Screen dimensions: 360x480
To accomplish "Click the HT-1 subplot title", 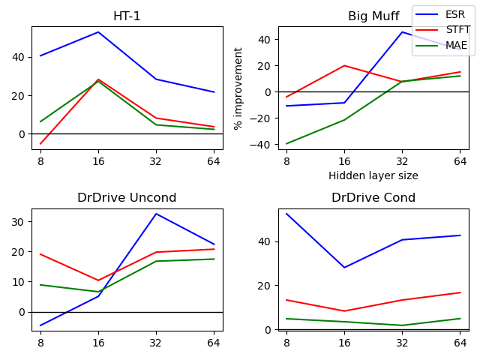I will pos(127,16).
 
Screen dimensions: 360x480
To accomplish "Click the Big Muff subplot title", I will pos(373,16).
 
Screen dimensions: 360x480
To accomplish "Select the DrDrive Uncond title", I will pos(127,198).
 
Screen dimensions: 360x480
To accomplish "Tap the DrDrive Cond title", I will pos(373,198).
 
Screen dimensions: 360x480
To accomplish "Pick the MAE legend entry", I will pos(456,46).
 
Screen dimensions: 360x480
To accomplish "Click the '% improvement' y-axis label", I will pos(238,88).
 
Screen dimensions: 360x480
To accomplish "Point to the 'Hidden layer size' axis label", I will pos(373,175).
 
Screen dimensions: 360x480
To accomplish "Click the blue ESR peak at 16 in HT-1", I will pos(98,32).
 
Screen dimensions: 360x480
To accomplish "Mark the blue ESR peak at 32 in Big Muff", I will pos(402,31).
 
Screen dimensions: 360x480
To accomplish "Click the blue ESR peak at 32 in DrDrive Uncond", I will pos(156,214).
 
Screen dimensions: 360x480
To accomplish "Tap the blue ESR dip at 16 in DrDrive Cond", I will pos(344,268).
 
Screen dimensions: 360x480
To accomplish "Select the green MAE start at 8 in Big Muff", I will pos(286,144).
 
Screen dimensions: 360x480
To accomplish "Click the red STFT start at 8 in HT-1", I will pos(40,143).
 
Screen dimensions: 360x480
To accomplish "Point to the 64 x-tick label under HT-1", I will pos(214,160).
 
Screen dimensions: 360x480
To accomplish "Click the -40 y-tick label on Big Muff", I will pos(264,144).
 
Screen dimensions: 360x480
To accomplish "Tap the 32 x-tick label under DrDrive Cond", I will pos(402,342).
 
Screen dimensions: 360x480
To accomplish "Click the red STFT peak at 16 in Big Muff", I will pos(344,66).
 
